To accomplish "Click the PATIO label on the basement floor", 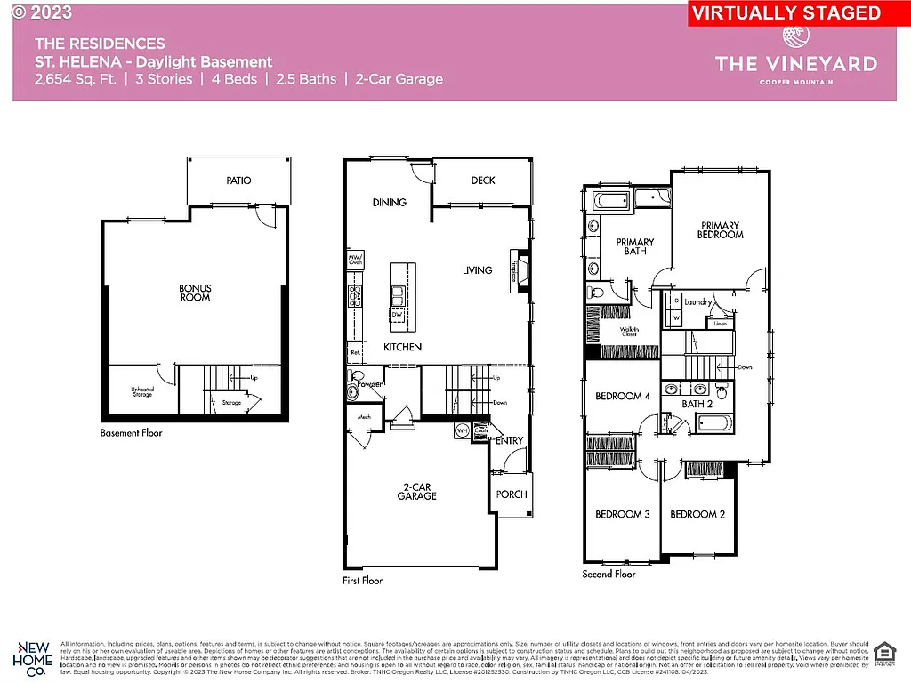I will (x=238, y=181).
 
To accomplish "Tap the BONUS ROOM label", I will (x=195, y=293).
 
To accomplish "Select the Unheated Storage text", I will (x=142, y=391).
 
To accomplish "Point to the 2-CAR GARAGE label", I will (x=416, y=491).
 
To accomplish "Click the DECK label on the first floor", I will (x=483, y=181).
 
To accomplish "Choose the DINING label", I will (x=390, y=203).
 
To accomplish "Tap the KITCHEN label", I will (x=402, y=347).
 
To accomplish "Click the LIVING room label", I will (x=477, y=270).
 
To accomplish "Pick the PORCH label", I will (x=512, y=494).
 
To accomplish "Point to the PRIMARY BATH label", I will (x=635, y=246).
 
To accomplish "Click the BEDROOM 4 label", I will (x=623, y=396).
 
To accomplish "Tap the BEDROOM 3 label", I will (x=623, y=514).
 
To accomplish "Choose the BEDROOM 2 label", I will (x=697, y=514).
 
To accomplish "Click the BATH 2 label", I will (x=697, y=404).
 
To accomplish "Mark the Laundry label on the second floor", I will (x=698, y=302).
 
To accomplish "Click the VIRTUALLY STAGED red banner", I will (x=786, y=13).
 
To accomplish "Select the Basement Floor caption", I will (x=132, y=433).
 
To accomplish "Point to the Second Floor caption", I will (x=609, y=574).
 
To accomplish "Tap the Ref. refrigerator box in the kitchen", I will (x=356, y=352).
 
